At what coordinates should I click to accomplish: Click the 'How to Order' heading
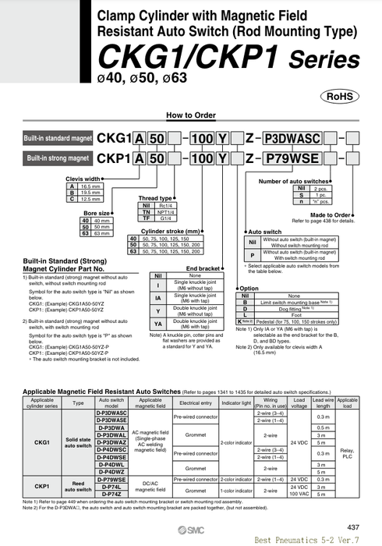(x=191, y=115)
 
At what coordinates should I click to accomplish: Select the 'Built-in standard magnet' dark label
(x=58, y=137)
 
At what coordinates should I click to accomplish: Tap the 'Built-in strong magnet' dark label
(x=58, y=158)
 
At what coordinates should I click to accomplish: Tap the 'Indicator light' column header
(x=235, y=403)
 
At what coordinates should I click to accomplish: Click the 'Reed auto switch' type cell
(x=78, y=486)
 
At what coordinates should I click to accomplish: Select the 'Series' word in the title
(x=324, y=61)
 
